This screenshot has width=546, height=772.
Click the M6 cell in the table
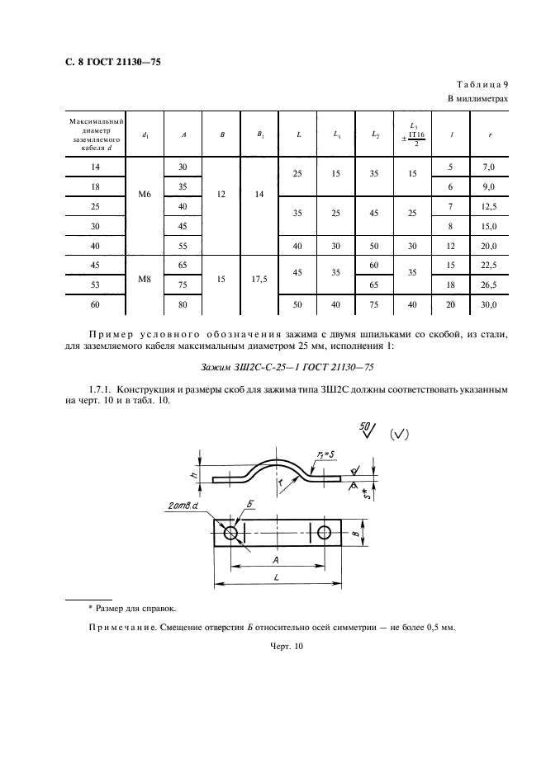tap(145, 195)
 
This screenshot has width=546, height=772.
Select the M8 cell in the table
tap(145, 278)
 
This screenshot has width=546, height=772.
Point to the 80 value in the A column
tap(183, 305)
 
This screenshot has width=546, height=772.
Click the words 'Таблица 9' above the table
tap(482, 84)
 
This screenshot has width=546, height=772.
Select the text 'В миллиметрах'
tap(477, 98)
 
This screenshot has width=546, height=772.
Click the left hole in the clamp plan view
tap(230, 533)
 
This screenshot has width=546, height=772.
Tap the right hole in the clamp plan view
tap(325, 533)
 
